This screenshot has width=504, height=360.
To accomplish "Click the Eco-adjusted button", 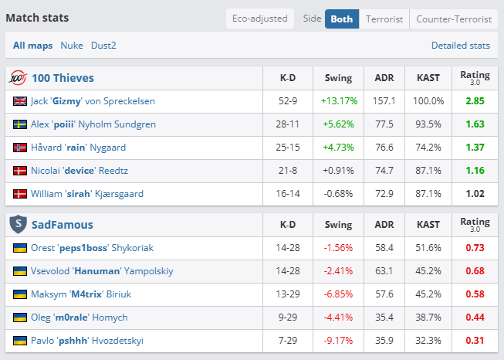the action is pos(259,19).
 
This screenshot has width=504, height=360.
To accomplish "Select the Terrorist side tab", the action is pos(384,19).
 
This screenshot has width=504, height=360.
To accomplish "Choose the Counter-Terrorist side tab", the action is pos(454,19).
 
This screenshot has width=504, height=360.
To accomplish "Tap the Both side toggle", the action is pos(342,19).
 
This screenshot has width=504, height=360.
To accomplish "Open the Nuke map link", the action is pos(72,46).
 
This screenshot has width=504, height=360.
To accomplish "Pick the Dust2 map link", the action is pos(103,46).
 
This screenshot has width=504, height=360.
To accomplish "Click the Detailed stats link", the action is pos(461,46).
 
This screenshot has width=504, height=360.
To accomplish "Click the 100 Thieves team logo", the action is pos(18,78).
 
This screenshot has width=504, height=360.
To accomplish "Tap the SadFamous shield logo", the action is pos(18,224).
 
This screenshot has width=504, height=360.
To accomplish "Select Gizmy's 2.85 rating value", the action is pos(475,101).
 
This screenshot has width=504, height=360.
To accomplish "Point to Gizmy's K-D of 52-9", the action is pos(288,101).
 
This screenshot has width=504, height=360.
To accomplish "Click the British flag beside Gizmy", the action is pos(20,101).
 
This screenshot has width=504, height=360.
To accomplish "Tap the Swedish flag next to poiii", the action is pos(20,124).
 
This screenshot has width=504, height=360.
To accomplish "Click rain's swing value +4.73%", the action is pos(338,148).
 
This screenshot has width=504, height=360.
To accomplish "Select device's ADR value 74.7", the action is pos(384,171).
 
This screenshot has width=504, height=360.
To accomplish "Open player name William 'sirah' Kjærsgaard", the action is pos(87,194).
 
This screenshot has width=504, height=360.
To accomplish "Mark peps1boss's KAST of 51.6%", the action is pos(428,248).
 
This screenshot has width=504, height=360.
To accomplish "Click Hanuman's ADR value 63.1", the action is pos(384,271).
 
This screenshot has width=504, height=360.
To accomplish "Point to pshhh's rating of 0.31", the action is pos(475,341).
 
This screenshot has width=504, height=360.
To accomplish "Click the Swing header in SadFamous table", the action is pos(338,224).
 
